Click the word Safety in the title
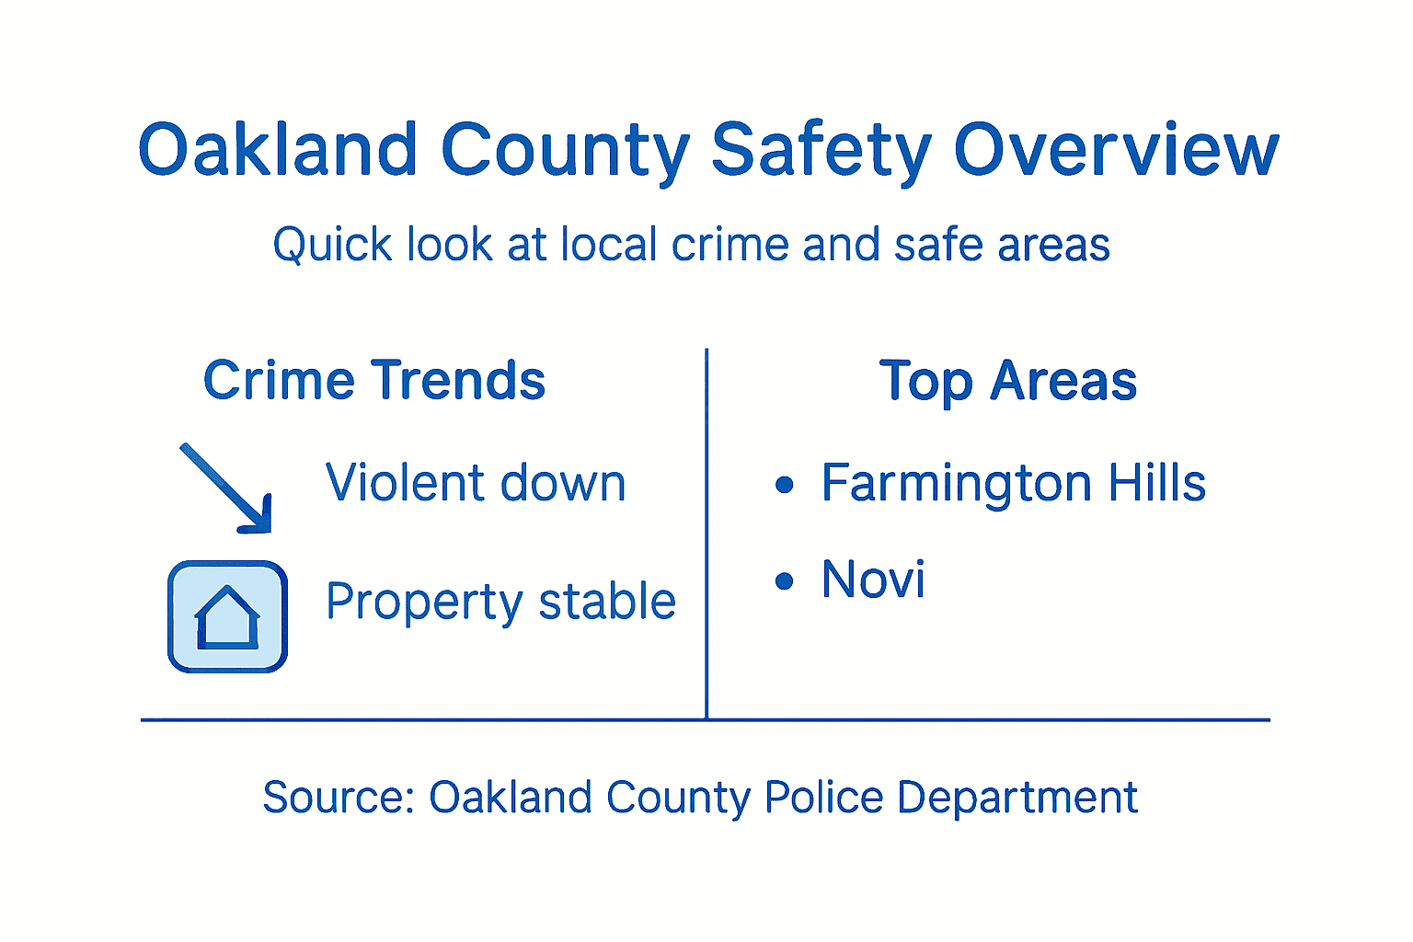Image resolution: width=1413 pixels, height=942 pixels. pyautogui.click(x=821, y=151)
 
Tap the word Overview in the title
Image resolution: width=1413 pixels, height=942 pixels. pyautogui.click(x=1116, y=151)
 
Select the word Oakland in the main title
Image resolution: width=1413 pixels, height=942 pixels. pyautogui.click(x=278, y=151)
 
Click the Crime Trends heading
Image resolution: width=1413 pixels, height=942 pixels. pyautogui.click(x=374, y=381)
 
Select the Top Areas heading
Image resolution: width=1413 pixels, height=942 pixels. pyautogui.click(x=1008, y=381)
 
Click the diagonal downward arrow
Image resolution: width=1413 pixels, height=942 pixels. pyautogui.click(x=227, y=488)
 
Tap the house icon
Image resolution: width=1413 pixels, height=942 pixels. pyautogui.click(x=227, y=616)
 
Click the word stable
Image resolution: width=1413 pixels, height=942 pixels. pyautogui.click(x=607, y=602)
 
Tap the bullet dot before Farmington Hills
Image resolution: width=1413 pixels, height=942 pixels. pyautogui.click(x=784, y=485)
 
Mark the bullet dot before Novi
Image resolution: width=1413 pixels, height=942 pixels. pyautogui.click(x=784, y=580)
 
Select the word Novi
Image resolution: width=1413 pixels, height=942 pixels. pyautogui.click(x=873, y=580)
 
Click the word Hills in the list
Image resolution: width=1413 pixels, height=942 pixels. pyautogui.click(x=1156, y=483)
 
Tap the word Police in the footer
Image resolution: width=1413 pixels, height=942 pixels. pyautogui.click(x=823, y=798)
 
